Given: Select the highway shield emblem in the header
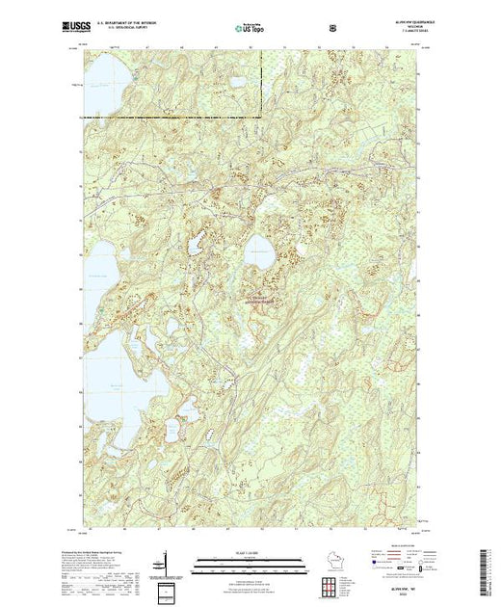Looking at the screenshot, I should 333,28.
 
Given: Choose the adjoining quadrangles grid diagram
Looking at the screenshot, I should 332,587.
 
